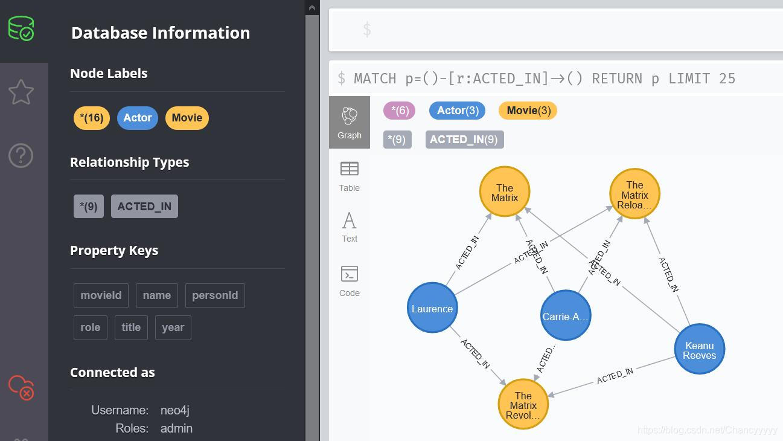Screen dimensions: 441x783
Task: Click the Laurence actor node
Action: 432,308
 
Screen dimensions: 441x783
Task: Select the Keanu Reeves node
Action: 699,350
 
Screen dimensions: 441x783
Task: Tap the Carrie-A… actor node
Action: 565,316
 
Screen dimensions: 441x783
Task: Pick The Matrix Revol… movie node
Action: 523,405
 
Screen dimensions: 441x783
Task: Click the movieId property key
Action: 101,295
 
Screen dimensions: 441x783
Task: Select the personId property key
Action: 215,295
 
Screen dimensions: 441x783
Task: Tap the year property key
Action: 173,327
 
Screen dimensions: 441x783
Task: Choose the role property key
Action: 90,327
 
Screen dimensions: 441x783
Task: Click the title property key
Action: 131,327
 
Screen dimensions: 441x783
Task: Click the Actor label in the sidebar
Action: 137,118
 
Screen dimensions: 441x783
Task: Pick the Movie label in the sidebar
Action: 187,118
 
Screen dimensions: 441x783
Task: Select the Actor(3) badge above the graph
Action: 457,111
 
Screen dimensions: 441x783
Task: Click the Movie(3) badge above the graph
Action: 528,111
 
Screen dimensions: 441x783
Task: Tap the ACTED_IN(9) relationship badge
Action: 464,140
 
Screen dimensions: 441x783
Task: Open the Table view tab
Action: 350,176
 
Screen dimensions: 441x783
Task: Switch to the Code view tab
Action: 350,281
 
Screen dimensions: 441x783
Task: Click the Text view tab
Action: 350,227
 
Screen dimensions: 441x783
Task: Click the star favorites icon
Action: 21,92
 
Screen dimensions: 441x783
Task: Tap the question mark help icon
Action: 21,156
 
